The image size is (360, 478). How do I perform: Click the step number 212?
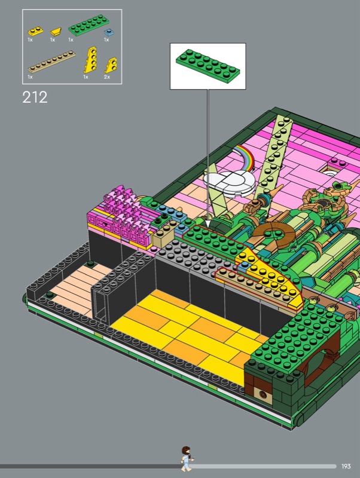[35, 97]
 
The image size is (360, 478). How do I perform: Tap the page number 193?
[346, 466]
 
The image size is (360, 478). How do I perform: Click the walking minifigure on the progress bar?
[186, 459]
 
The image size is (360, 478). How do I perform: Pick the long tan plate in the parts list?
[52, 62]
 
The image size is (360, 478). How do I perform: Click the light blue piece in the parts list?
[108, 32]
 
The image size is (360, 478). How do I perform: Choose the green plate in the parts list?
[89, 25]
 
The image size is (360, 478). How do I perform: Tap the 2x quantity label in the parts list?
[107, 77]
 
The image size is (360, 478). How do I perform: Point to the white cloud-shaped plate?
[230, 182]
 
